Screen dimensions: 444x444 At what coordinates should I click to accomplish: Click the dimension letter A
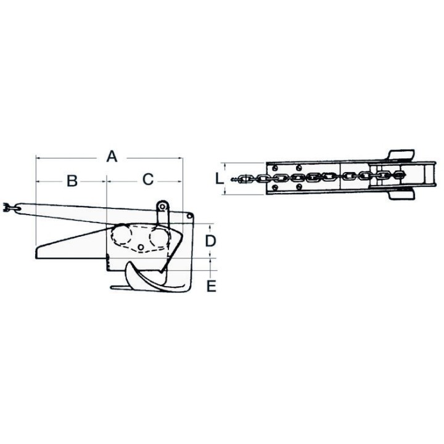tap(112, 157)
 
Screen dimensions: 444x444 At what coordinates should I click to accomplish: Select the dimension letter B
tap(72, 181)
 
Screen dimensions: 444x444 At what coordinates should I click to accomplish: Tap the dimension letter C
tap(148, 179)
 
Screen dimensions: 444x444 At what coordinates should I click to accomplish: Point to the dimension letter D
tap(210, 241)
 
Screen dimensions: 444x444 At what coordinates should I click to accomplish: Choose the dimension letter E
tap(212, 286)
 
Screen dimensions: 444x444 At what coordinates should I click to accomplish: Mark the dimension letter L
tap(219, 179)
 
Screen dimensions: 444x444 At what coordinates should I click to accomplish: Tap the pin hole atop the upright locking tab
tap(162, 207)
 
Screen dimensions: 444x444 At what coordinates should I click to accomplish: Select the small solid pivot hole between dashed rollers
tap(140, 247)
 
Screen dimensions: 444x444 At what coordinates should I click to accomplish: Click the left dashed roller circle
tap(121, 236)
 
